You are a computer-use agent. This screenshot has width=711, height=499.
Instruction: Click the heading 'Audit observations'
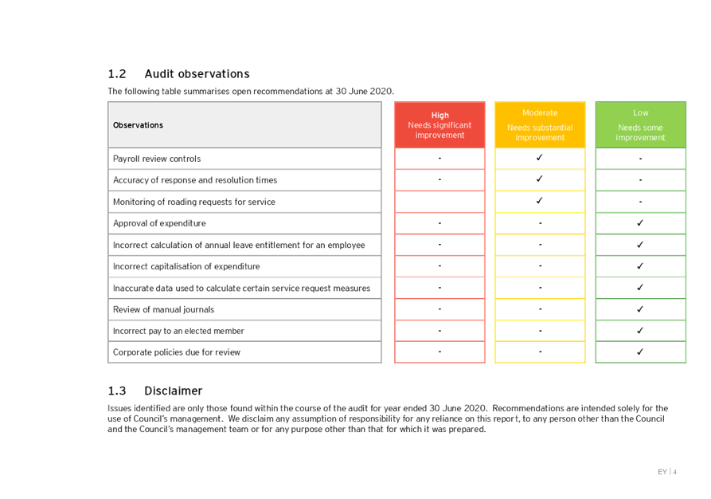(x=197, y=73)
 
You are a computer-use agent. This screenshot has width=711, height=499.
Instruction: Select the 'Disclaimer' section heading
(x=173, y=391)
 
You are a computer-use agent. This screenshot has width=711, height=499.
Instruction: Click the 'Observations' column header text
(x=138, y=125)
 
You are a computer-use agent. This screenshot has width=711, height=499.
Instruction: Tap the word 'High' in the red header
(x=439, y=116)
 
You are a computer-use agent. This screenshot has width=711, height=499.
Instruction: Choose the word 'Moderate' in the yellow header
(x=540, y=113)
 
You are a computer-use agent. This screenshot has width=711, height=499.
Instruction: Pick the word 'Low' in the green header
(x=640, y=113)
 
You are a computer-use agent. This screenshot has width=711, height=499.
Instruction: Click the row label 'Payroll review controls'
(x=158, y=159)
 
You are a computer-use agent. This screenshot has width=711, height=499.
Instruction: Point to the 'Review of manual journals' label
(x=164, y=309)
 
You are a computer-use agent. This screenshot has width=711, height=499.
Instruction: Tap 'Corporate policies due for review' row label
(x=177, y=352)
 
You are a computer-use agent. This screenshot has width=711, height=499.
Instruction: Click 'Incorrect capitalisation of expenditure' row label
(x=186, y=266)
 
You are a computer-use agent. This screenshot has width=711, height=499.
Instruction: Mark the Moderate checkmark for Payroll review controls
(x=540, y=158)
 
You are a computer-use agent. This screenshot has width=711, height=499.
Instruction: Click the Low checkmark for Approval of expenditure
(x=640, y=223)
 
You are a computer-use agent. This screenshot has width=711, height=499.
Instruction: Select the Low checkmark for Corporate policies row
(x=640, y=352)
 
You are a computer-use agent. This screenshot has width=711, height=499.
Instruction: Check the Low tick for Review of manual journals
(x=640, y=308)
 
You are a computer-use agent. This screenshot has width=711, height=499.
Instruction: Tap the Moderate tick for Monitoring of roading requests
(x=540, y=201)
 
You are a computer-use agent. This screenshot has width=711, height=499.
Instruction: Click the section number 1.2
(x=116, y=73)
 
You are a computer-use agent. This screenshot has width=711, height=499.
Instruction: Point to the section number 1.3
(x=116, y=391)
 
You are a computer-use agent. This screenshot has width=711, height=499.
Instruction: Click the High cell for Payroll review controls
(x=439, y=159)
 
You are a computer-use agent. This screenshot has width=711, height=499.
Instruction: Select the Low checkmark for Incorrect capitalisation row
(x=640, y=266)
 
